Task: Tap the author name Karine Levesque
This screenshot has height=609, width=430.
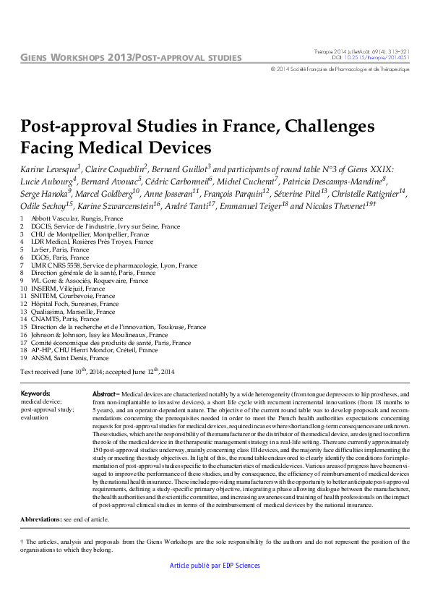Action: pos(48,169)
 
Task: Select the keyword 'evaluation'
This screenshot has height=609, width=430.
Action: pos(35,417)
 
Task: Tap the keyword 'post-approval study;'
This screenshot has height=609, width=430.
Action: pos(47,409)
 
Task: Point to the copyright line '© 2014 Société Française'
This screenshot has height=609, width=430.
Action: pos(340,69)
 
